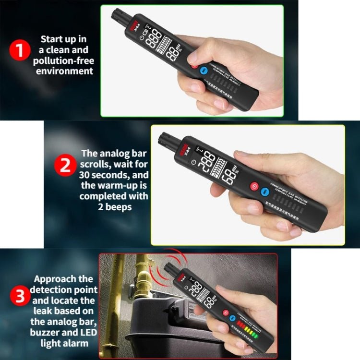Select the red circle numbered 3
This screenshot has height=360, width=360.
tap(20, 296)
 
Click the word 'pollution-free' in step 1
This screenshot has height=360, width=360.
tap(63, 60)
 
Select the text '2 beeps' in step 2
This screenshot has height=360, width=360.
tap(114, 207)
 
